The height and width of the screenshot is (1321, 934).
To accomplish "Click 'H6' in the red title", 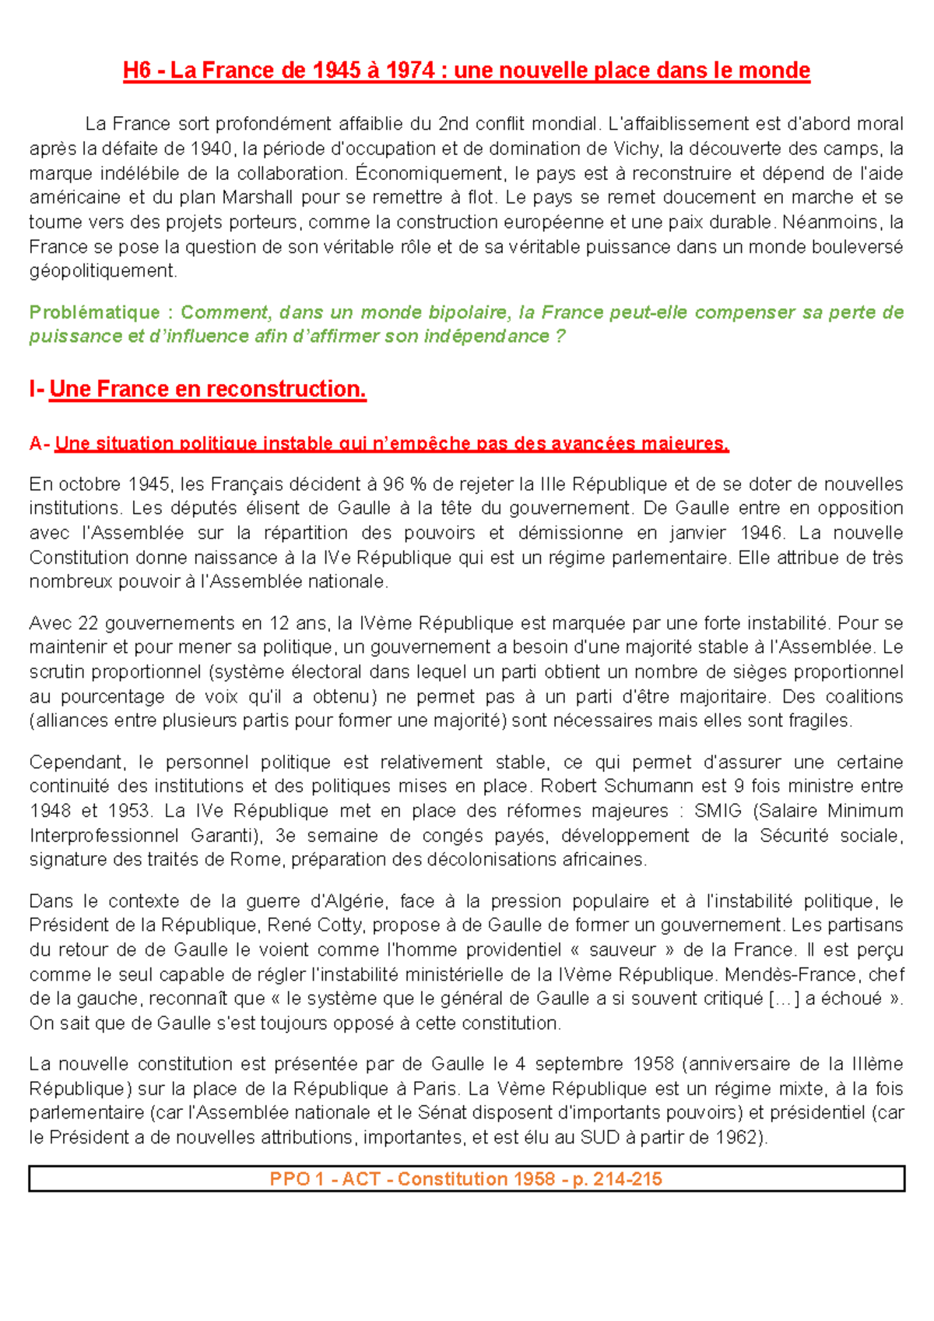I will (x=136, y=71).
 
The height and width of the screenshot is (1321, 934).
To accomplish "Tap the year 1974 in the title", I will (x=409, y=71).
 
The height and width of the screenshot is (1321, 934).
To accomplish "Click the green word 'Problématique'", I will (x=94, y=312).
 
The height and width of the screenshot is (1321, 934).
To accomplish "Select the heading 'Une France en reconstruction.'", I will (x=207, y=389).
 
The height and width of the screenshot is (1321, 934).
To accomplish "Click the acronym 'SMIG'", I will (x=718, y=811).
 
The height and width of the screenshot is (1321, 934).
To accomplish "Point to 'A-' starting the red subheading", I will (x=40, y=444).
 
